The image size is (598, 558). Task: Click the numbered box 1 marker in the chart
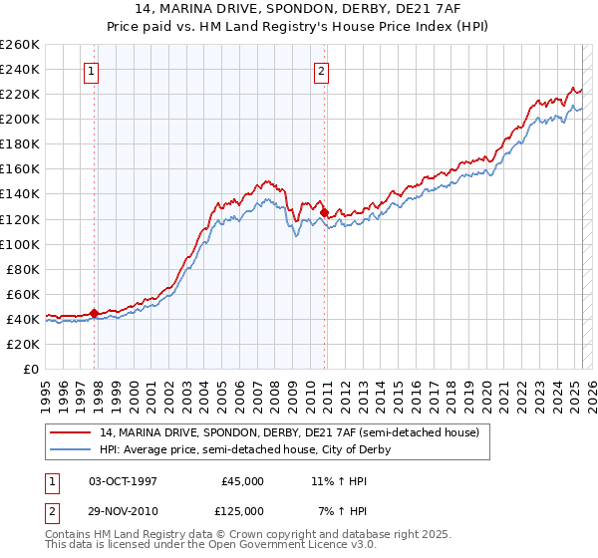[91, 71]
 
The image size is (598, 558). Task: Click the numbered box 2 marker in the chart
[322, 71]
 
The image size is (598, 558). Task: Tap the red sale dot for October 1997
[94, 313]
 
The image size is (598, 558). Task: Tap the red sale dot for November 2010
[325, 212]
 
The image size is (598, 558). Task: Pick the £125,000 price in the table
[242, 511]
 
